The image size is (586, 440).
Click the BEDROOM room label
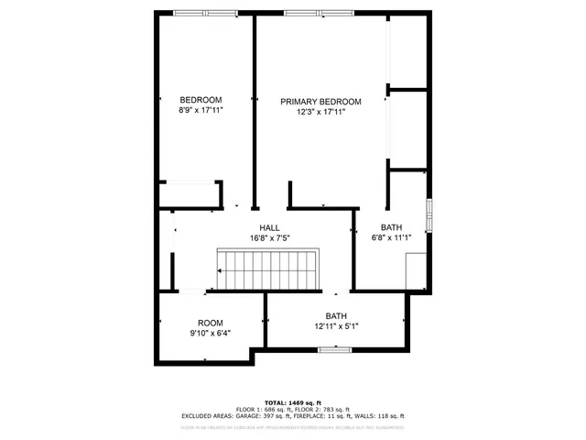[201, 100]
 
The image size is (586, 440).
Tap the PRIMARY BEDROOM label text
[320, 102]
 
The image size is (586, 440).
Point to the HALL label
[269, 228]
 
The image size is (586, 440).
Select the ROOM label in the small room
[211, 323]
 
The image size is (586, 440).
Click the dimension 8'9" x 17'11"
[201, 110]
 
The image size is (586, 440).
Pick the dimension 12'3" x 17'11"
[320, 112]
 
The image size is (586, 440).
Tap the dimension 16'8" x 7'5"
[269, 238]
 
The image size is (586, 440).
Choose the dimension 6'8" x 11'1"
[392, 238]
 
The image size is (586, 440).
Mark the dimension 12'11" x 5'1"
[336, 326]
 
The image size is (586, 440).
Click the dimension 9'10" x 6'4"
[211, 333]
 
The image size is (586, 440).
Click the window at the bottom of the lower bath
[336, 348]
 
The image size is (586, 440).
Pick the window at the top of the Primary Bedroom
[317, 13]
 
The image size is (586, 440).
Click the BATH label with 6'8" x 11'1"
[392, 228]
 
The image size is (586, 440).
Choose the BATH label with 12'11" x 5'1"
[336, 316]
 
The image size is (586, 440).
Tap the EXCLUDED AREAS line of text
[292, 416]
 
